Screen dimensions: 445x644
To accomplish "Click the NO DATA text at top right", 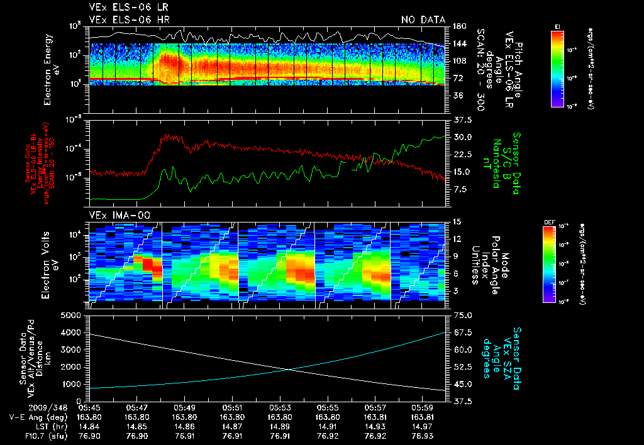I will [x=423, y=19].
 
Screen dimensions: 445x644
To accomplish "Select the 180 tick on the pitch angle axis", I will [x=458, y=26].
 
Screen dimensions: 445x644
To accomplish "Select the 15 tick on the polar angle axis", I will [x=457, y=222].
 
